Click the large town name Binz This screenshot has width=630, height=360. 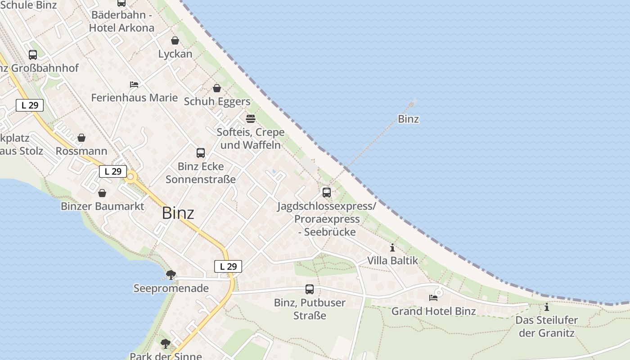click(178, 213)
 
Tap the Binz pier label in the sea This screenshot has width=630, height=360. click(408, 119)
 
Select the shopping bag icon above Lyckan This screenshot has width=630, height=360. click(175, 40)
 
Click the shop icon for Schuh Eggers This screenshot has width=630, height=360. click(217, 88)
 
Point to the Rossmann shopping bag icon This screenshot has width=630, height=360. click(81, 138)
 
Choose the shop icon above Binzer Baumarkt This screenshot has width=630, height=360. click(102, 193)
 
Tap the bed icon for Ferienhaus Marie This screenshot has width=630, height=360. click(134, 84)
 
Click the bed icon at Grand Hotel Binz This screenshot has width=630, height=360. click(433, 297)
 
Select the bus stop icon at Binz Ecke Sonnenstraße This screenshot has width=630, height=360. click(201, 153)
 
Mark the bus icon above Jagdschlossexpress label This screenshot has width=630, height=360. click(327, 193)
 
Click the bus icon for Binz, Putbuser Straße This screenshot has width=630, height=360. click(310, 289)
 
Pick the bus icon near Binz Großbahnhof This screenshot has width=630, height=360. click(33, 55)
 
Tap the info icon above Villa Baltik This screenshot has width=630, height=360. click(392, 247)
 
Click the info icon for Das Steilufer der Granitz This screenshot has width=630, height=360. click(547, 307)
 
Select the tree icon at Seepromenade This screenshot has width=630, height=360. click(171, 274)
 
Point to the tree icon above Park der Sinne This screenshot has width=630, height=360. click(166, 344)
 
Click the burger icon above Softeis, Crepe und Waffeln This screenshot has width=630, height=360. click(251, 119)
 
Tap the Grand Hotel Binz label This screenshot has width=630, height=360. click(433, 311)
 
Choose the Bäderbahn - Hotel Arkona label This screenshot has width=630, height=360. click(121, 21)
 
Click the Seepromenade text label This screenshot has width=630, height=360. click(171, 288)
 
